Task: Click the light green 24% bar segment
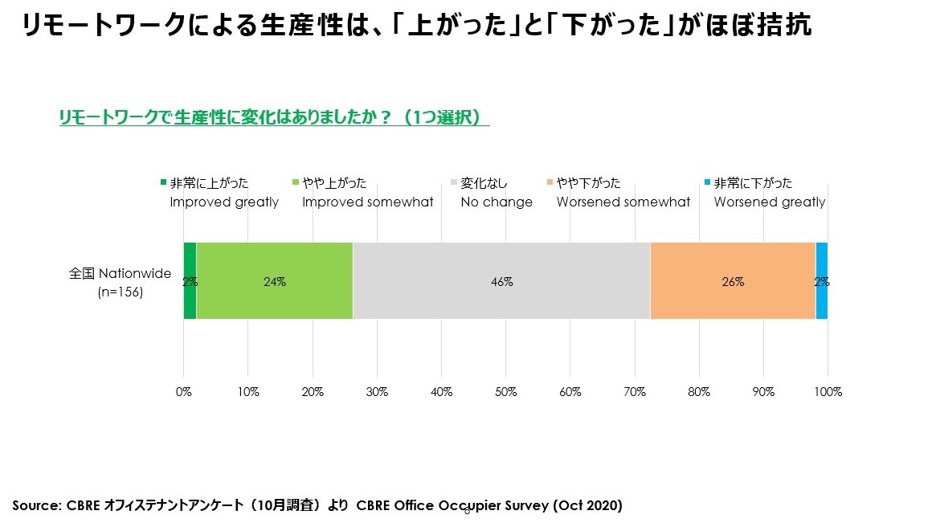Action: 274,281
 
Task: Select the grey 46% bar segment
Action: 501,281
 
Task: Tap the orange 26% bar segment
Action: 732,281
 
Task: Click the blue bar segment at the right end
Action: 821,281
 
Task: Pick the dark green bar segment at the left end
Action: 190,281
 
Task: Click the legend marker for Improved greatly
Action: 163,183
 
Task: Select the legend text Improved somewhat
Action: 367,202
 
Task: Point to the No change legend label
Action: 496,202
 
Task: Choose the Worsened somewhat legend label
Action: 623,202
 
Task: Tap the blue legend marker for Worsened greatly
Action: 707,183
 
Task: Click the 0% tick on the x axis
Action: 184,392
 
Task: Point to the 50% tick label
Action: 505,392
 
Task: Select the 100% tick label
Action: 828,392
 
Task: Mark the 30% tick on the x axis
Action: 377,392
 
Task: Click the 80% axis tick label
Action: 699,392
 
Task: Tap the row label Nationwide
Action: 134,273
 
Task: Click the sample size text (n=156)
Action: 120,292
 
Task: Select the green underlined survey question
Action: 274,117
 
